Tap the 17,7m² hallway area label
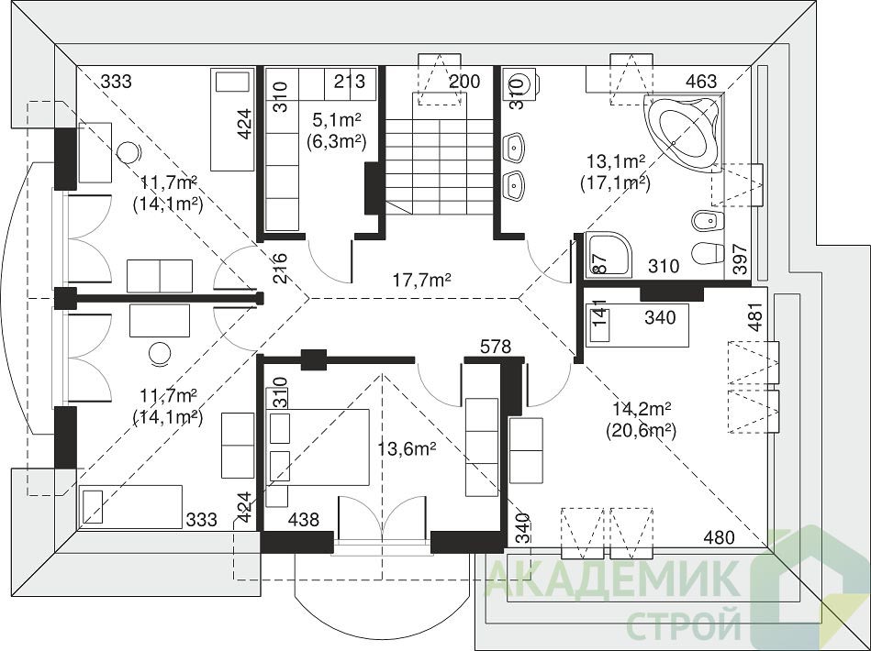(x=421, y=280)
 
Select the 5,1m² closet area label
(x=336, y=119)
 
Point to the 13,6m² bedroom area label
(x=407, y=448)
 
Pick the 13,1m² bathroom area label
(x=616, y=161)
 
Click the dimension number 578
(x=496, y=347)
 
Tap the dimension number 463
(x=701, y=82)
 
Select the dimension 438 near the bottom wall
(x=304, y=520)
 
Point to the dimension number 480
(x=720, y=537)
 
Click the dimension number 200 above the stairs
(x=464, y=82)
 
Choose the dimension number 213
(x=350, y=81)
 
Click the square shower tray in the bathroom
(x=609, y=254)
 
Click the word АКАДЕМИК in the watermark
(x=614, y=579)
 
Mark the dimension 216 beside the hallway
(x=280, y=269)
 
